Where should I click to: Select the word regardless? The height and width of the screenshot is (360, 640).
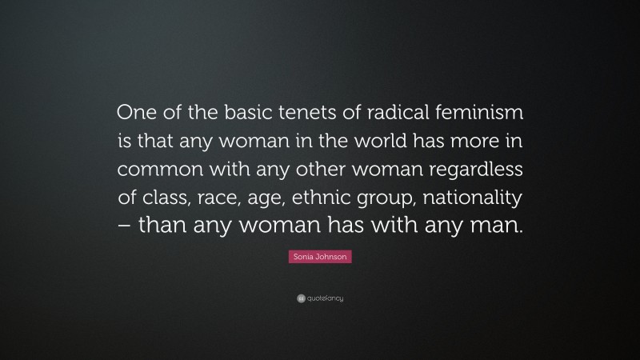click(x=482, y=170)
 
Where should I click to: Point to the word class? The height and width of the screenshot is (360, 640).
click(x=171, y=198)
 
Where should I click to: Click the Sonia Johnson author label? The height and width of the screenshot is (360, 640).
click(x=320, y=258)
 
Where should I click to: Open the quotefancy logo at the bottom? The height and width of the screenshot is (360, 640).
click(x=320, y=298)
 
